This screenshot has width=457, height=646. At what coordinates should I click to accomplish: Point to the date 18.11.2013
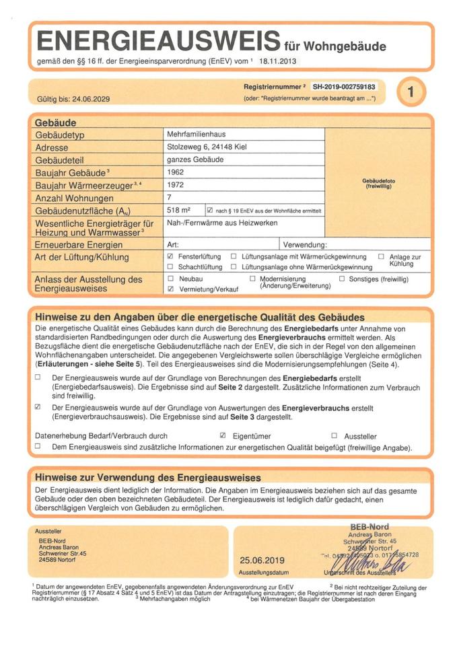pos(276,61)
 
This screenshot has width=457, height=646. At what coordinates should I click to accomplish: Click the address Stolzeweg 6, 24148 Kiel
pos(210,147)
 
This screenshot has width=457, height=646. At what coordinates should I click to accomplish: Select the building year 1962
pos(176,172)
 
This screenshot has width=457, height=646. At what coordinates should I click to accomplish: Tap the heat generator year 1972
pos(176,184)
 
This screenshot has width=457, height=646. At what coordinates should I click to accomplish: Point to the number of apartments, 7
pos(170,196)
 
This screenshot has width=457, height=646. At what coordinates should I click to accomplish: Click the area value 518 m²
pos(179,210)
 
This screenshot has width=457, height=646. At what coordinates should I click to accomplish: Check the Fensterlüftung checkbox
pos(170,256)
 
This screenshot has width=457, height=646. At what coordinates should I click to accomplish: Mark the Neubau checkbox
pos(170,278)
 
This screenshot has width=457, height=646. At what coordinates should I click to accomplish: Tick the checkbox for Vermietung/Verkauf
pos(170,288)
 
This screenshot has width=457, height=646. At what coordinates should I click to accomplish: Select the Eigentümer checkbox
pos(223,435)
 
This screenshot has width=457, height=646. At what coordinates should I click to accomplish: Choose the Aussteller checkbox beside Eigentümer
pos(335,435)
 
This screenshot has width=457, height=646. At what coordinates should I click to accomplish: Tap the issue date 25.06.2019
pos(262,559)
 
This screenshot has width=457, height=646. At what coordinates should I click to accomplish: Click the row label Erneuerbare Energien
pos(79,244)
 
